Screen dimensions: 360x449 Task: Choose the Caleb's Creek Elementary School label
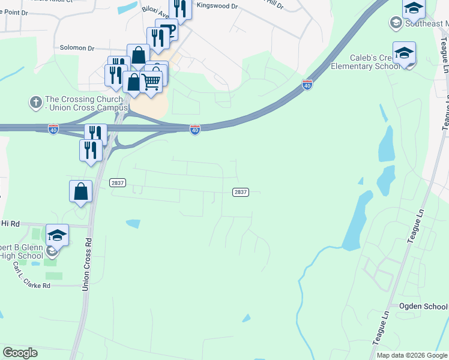coord(365,62)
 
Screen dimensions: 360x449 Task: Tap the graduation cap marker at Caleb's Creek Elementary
coord(404,53)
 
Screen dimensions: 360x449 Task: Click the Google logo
coord(20,353)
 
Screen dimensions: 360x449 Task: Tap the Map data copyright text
coord(412,355)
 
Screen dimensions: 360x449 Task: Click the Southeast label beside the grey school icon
coord(426,23)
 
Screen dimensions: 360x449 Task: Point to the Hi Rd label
coord(10,224)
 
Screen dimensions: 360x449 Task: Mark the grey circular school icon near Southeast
coord(396,23)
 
